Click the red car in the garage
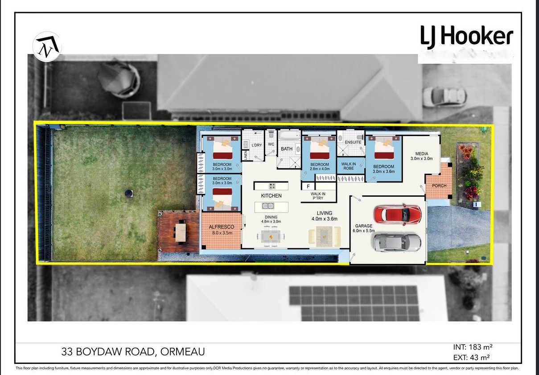coord(398,214)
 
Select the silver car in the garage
coord(397,242)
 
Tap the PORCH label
coord(439,186)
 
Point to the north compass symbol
coord(47,46)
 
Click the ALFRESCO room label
coord(222,227)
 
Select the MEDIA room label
coord(422,153)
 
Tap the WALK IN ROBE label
coord(349,166)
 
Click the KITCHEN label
coord(271,196)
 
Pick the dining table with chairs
coord(271,237)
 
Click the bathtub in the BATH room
coord(289,135)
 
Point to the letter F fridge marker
coord(308,186)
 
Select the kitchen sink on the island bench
coord(268,206)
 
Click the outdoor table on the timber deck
coord(181,232)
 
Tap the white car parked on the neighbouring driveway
coord(444,97)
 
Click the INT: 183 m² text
coord(473,347)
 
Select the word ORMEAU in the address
coord(183,352)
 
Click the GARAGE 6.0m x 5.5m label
coord(364,228)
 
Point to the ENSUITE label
coord(353,142)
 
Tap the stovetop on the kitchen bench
coord(272,186)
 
